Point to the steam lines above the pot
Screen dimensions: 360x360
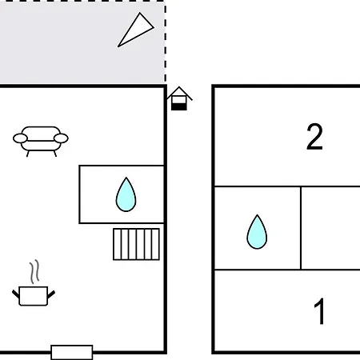34,272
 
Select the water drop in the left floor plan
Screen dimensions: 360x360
126,194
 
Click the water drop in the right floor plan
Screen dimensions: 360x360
257,232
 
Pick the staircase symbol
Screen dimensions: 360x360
136,244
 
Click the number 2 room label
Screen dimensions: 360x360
314,137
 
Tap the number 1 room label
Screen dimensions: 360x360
319,311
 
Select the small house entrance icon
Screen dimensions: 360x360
179,98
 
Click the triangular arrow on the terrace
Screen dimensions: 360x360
136,30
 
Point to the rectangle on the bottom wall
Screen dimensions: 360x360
72,352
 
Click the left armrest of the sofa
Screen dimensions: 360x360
20,138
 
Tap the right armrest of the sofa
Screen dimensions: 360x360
61,138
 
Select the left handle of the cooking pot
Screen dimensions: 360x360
16,294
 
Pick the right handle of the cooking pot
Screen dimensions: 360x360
51,294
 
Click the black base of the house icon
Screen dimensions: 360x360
179,107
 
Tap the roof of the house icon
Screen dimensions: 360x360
179,93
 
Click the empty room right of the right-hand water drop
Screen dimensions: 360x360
330,228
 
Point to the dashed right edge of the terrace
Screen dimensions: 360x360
166,42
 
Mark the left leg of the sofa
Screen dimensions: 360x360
28,154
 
